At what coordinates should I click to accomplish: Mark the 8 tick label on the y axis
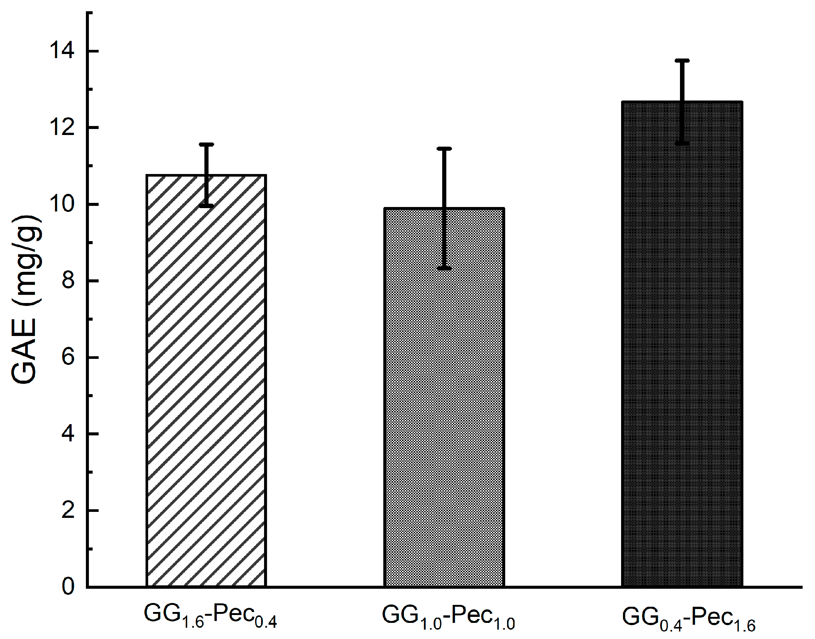(68, 280)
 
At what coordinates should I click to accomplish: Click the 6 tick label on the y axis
(68, 357)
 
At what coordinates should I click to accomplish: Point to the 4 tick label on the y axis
(68, 434)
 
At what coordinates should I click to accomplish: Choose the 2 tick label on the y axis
(68, 510)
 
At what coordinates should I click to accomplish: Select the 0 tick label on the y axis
(68, 587)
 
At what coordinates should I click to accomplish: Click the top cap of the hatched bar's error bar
(206, 144)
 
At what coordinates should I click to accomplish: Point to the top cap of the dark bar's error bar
(682, 60)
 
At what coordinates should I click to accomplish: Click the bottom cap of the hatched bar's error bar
(206, 205)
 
